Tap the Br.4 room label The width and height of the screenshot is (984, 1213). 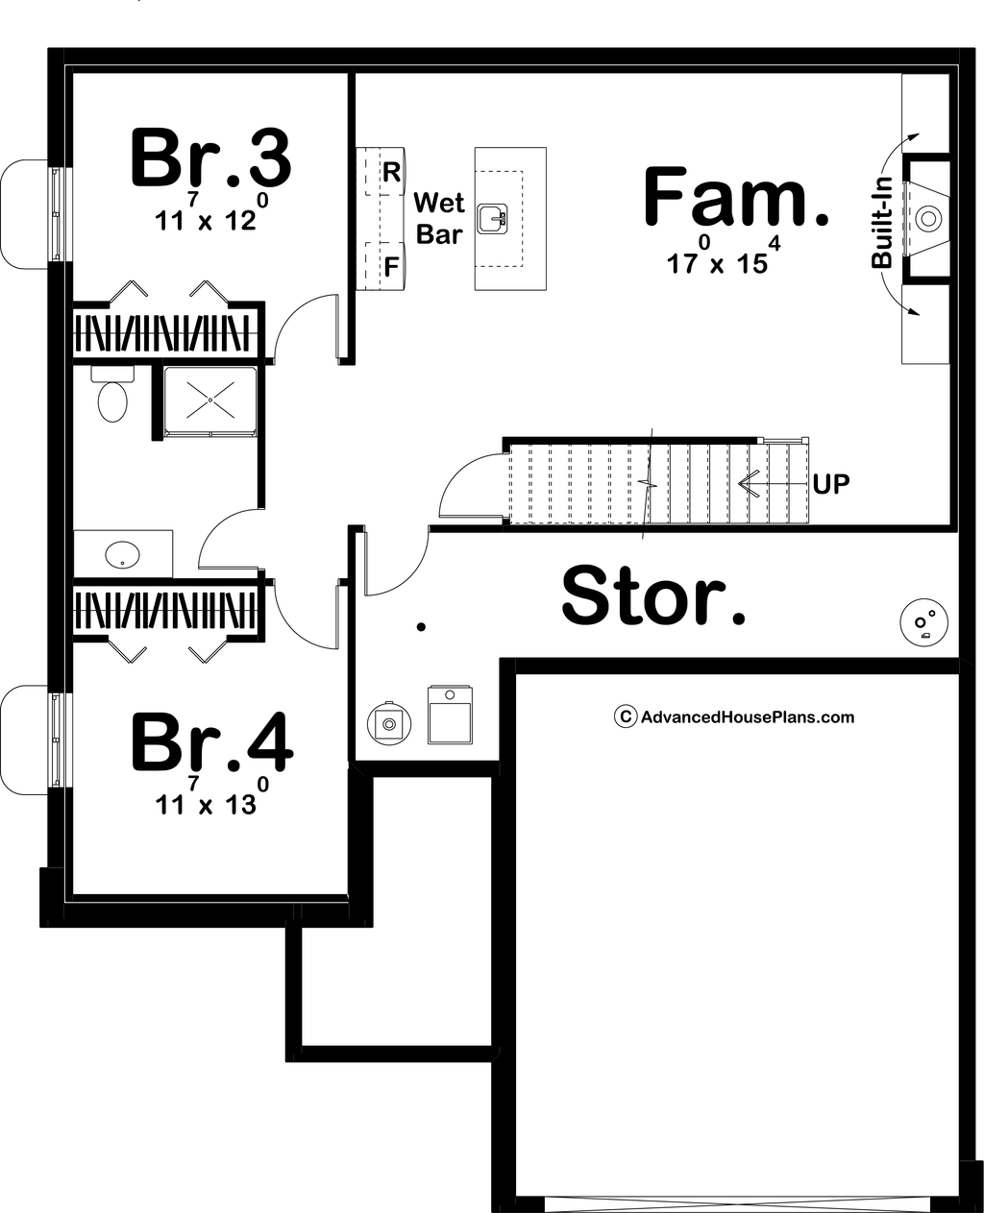[212, 741]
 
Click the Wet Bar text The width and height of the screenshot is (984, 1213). [439, 218]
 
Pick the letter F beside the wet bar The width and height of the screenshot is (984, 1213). [391, 267]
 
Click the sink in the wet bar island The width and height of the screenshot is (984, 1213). [492, 218]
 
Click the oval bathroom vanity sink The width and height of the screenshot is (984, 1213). [122, 554]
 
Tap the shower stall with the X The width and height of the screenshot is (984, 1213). [210, 401]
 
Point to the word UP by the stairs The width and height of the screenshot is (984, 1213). [831, 485]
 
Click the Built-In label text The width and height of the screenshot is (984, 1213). [882, 225]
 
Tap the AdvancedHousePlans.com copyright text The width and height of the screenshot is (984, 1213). [734, 716]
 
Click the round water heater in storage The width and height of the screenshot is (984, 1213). [389, 724]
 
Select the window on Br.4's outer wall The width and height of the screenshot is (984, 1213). [56, 740]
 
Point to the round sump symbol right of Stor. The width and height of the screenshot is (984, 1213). [924, 622]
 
